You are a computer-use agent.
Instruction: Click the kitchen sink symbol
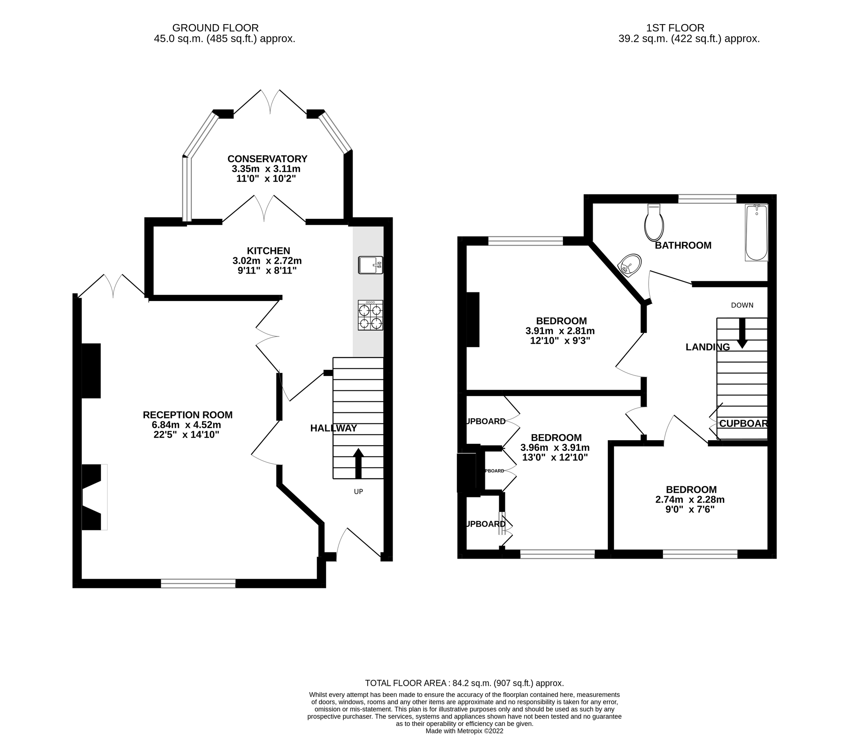coord(370,265)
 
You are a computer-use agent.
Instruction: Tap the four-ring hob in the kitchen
coord(370,315)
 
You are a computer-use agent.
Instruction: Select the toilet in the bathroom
coord(654,223)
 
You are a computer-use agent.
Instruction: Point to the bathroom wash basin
coord(630,265)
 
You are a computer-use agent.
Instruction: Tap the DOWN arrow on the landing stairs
coord(742,333)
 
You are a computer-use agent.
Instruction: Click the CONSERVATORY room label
coord(267,159)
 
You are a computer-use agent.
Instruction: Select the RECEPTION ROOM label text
coord(187,415)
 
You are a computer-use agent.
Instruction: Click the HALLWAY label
coord(333,428)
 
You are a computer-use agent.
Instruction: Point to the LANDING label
coord(708,347)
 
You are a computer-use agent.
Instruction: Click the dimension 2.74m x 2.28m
coord(691,499)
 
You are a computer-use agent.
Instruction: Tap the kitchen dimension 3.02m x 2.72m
coord(267,261)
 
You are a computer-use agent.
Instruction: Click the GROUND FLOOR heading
coord(215,28)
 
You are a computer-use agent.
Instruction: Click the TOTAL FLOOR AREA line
coord(464,683)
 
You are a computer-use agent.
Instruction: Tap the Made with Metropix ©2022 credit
coord(464,731)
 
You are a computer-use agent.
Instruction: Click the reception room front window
coord(198,583)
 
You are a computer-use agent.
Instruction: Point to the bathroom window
coord(707,199)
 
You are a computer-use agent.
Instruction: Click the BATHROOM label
coord(683,245)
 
